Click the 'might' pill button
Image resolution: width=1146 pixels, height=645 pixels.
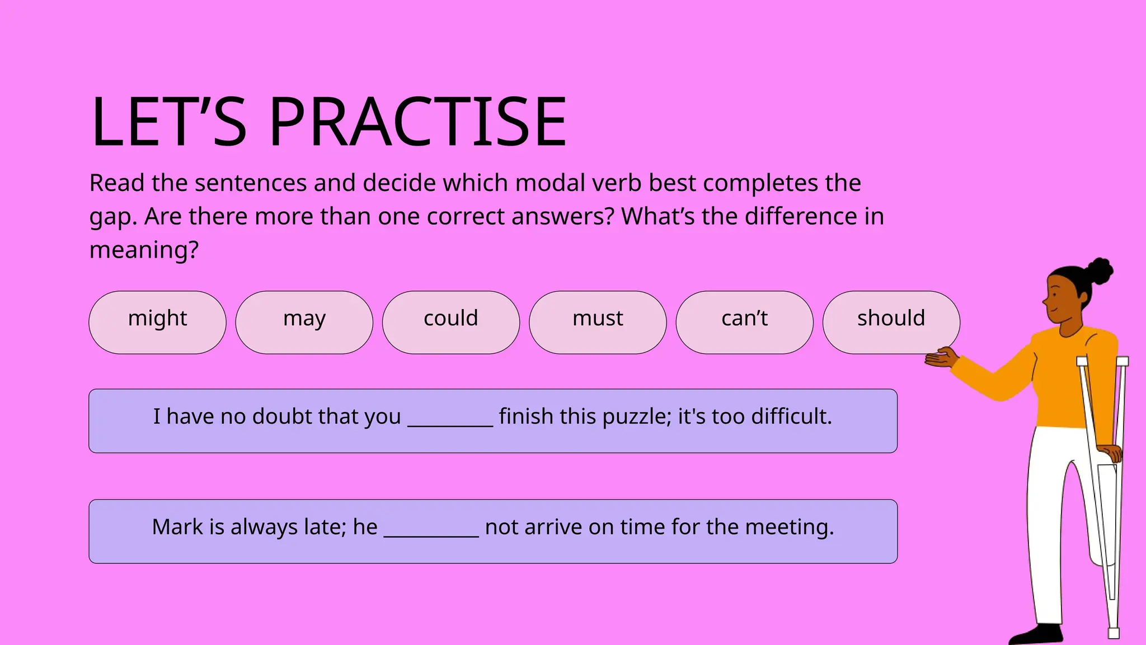pyautogui.click(x=157, y=322)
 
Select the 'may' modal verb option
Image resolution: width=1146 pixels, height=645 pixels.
pyautogui.click(x=304, y=322)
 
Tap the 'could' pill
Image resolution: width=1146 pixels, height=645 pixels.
pyautogui.click(x=450, y=322)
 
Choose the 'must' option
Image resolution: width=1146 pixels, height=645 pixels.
pyautogui.click(x=598, y=322)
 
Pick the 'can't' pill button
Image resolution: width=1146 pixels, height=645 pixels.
pyautogui.click(x=744, y=322)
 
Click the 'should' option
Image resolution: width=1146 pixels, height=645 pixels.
pyautogui.click(x=891, y=322)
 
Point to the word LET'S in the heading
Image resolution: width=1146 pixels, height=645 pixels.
pyautogui.click(x=168, y=122)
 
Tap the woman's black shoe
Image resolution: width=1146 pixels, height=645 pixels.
pyautogui.click(x=1035, y=635)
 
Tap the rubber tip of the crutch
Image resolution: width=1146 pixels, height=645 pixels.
pyautogui.click(x=1114, y=633)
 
